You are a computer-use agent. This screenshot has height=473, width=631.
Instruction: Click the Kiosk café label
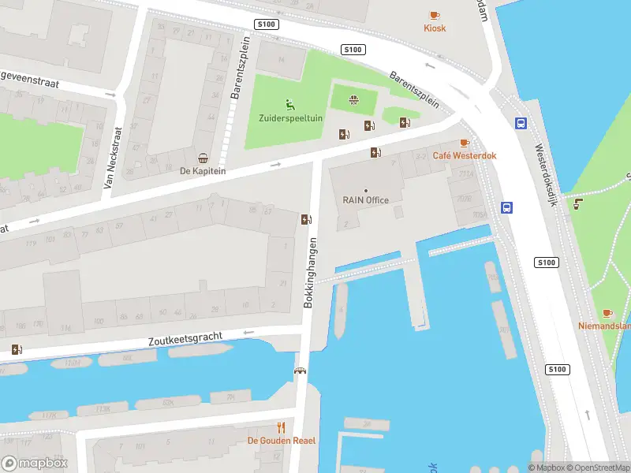(434, 28)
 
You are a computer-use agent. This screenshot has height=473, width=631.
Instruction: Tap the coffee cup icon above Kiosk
(434, 15)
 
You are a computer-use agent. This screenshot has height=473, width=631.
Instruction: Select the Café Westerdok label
(464, 156)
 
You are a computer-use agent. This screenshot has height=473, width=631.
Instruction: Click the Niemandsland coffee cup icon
(607, 313)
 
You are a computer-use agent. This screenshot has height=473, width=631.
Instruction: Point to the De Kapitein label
(203, 170)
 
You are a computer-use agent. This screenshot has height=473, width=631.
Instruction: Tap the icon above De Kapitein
(203, 157)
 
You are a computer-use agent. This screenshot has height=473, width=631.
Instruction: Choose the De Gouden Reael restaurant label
(282, 441)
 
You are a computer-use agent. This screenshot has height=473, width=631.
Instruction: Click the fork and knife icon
(281, 427)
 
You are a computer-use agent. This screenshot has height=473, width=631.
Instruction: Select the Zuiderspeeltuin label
(290, 118)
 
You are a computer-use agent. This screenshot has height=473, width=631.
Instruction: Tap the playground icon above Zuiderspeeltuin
(290, 104)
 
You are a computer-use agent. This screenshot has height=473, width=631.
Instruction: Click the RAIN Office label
(365, 200)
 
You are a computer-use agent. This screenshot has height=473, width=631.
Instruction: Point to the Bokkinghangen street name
(312, 272)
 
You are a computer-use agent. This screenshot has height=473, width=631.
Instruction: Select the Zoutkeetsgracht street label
(185, 339)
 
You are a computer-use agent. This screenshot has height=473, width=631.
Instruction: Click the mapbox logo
(35, 464)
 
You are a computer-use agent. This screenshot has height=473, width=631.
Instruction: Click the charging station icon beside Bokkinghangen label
(305, 219)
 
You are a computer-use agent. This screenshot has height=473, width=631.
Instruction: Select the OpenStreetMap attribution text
(596, 467)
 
